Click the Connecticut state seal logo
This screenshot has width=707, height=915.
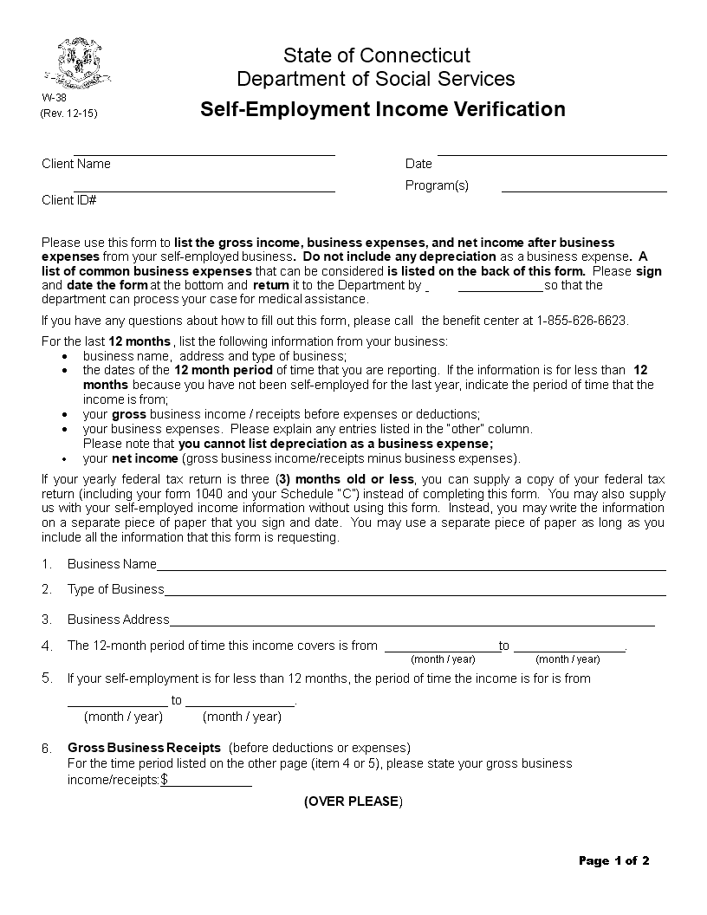pyautogui.click(x=83, y=62)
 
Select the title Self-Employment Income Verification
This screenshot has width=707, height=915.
pyautogui.click(x=383, y=109)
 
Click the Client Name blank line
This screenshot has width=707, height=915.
pyautogui.click(x=204, y=154)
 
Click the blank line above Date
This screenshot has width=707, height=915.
pyautogui.click(x=552, y=154)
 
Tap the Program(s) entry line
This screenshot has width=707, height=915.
pyautogui.click(x=584, y=190)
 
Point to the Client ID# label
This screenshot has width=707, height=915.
pyautogui.click(x=68, y=200)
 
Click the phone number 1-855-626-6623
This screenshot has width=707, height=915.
pyautogui.click(x=581, y=320)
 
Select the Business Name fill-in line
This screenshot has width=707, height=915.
pyautogui.click(x=411, y=569)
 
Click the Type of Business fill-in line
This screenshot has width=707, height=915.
pyautogui.click(x=414, y=594)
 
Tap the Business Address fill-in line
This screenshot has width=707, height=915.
pyautogui.click(x=412, y=625)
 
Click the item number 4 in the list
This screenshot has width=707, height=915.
pyautogui.click(x=47, y=646)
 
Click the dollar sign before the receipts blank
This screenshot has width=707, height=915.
pyautogui.click(x=165, y=780)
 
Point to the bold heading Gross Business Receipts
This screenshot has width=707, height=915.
pyautogui.click(x=144, y=748)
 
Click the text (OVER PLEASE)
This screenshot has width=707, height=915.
pyautogui.click(x=353, y=801)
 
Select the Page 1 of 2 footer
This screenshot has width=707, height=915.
pyautogui.click(x=613, y=860)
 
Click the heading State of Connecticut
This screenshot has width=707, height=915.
pyautogui.click(x=377, y=56)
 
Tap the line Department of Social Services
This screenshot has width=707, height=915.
pyautogui.click(x=376, y=80)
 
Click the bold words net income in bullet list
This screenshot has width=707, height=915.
pyautogui.click(x=144, y=458)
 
